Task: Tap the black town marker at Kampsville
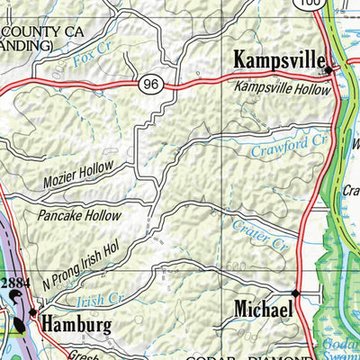(329, 69)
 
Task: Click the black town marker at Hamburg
(33, 313)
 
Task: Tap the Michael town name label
(263, 309)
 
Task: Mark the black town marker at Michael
(295, 293)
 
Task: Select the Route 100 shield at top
(311, 4)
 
